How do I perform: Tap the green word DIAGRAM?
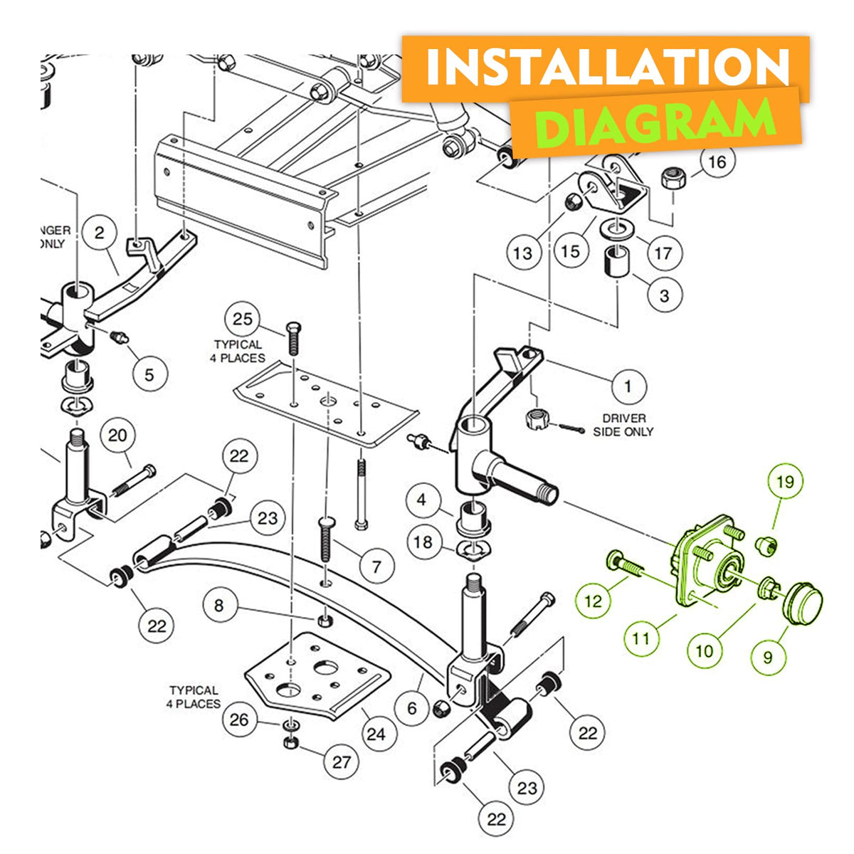click(x=655, y=123)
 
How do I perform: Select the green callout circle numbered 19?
click(x=785, y=482)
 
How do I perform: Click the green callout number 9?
click(x=768, y=658)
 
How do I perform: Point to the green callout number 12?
click(x=594, y=601)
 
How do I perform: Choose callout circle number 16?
click(x=717, y=162)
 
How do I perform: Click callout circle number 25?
click(x=243, y=319)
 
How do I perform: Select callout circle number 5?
click(x=149, y=374)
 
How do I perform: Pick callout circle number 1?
click(x=628, y=386)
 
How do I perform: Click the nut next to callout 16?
click(x=673, y=179)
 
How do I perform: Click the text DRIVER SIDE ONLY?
click(x=623, y=425)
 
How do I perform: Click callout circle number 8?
click(x=219, y=606)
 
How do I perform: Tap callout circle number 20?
click(x=117, y=436)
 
